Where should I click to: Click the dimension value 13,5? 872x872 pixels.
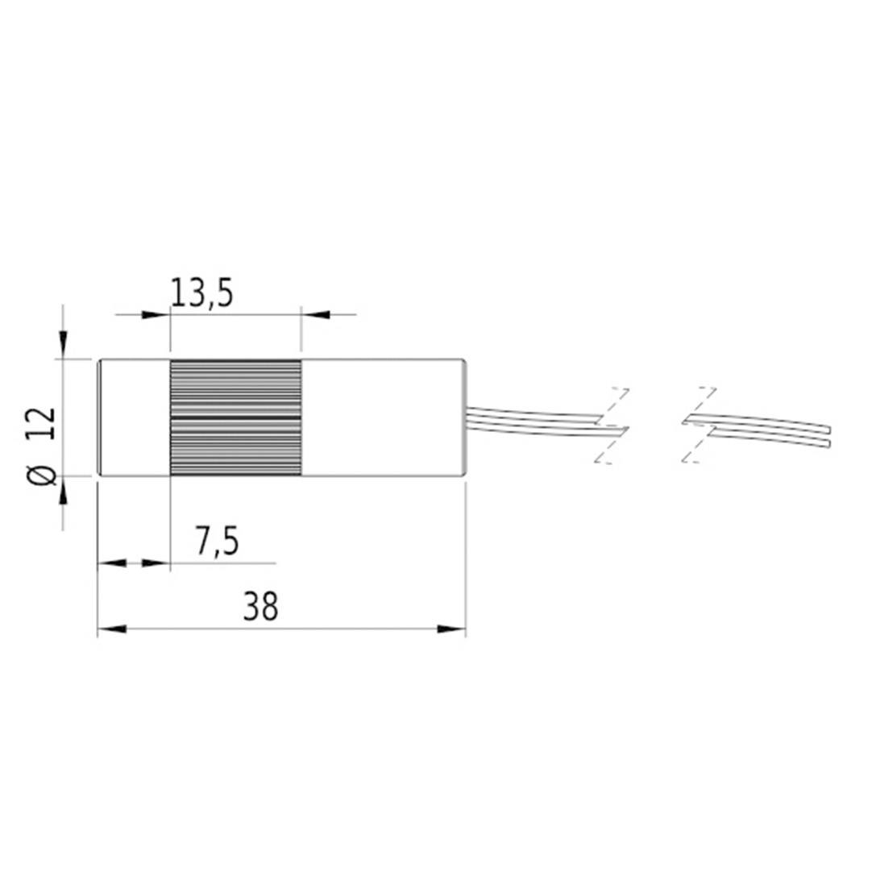tap(201, 293)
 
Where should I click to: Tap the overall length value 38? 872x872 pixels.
tap(260, 608)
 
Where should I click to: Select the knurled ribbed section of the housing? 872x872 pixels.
tap(235, 417)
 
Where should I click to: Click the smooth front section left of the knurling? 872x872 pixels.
tap(134, 417)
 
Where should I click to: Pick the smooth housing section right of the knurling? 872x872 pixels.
tap(383, 417)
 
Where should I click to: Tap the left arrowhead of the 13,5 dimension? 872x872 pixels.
tap(156, 314)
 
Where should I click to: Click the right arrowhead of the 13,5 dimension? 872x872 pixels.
tap(315, 314)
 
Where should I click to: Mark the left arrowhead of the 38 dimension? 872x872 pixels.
tap(111, 629)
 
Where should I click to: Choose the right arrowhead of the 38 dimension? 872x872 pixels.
tap(451, 629)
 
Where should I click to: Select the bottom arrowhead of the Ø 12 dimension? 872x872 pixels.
tap(64, 489)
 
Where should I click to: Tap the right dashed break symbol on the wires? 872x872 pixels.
tap(698, 426)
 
